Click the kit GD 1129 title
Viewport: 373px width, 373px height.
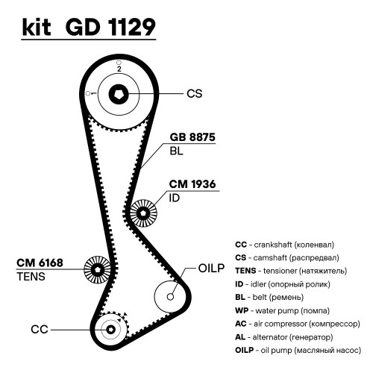click(89, 27)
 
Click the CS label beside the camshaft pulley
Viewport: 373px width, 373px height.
click(195, 94)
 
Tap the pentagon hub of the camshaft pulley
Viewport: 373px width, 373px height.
click(119, 94)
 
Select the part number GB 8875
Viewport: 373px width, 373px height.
click(192, 137)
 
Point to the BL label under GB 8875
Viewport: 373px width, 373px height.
click(176, 151)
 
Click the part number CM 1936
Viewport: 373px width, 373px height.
click(192, 184)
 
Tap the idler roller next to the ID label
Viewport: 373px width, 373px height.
click(143, 213)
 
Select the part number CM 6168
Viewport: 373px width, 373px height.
click(40, 263)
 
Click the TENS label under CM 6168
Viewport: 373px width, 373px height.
click(31, 277)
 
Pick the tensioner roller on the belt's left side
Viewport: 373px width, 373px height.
click(97, 269)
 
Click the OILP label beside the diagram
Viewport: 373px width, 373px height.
click(211, 268)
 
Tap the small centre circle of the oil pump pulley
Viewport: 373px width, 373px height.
click(170, 297)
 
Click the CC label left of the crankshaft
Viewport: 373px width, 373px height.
click(40, 330)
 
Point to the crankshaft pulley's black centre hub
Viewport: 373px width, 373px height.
click(111, 330)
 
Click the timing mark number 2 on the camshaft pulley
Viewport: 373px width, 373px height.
click(119, 69)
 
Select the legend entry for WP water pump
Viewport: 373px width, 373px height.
click(282, 310)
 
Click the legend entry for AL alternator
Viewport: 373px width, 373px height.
click(284, 337)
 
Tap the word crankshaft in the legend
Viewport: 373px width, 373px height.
click(273, 245)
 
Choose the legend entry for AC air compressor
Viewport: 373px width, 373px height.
click(298, 324)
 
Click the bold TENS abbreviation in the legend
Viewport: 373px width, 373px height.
click(245, 271)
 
